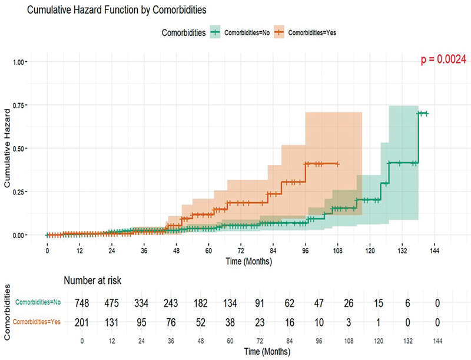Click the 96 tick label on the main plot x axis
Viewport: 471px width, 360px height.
[305, 250]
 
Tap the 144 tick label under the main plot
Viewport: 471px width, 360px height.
[433, 250]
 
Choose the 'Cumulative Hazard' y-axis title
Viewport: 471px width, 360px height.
[8, 148]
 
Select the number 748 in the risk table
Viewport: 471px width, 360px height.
[82, 303]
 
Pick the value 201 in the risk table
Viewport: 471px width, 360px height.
[82, 322]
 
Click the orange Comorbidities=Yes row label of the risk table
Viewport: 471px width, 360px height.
[39, 322]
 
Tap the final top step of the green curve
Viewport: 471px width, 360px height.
[423, 114]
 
